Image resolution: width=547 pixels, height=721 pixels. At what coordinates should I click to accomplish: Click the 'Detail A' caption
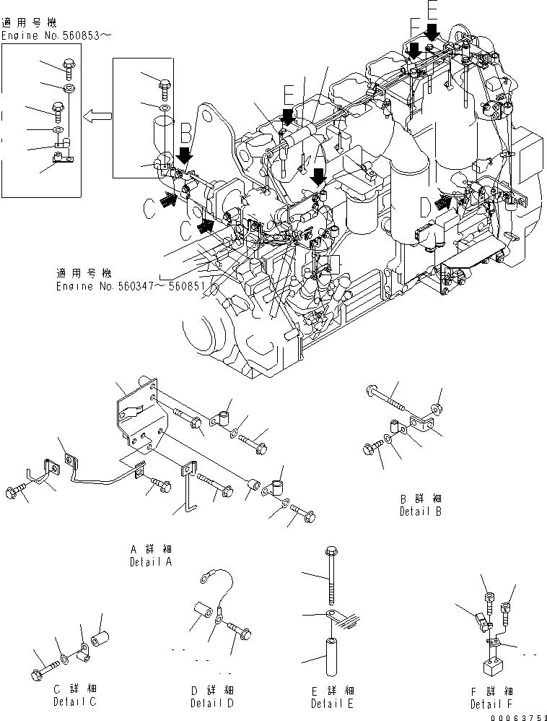[x=150, y=561]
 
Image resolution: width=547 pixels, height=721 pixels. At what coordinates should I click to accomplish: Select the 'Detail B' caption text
[x=420, y=511]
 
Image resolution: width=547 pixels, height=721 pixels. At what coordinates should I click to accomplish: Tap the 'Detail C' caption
[x=75, y=701]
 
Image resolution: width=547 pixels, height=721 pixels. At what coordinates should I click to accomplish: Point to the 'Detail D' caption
[x=213, y=703]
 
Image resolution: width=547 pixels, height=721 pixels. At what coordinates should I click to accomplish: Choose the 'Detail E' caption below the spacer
[x=333, y=703]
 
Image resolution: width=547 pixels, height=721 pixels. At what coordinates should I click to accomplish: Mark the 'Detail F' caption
[x=491, y=704]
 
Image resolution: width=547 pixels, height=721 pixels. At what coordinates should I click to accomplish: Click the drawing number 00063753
[x=517, y=715]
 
